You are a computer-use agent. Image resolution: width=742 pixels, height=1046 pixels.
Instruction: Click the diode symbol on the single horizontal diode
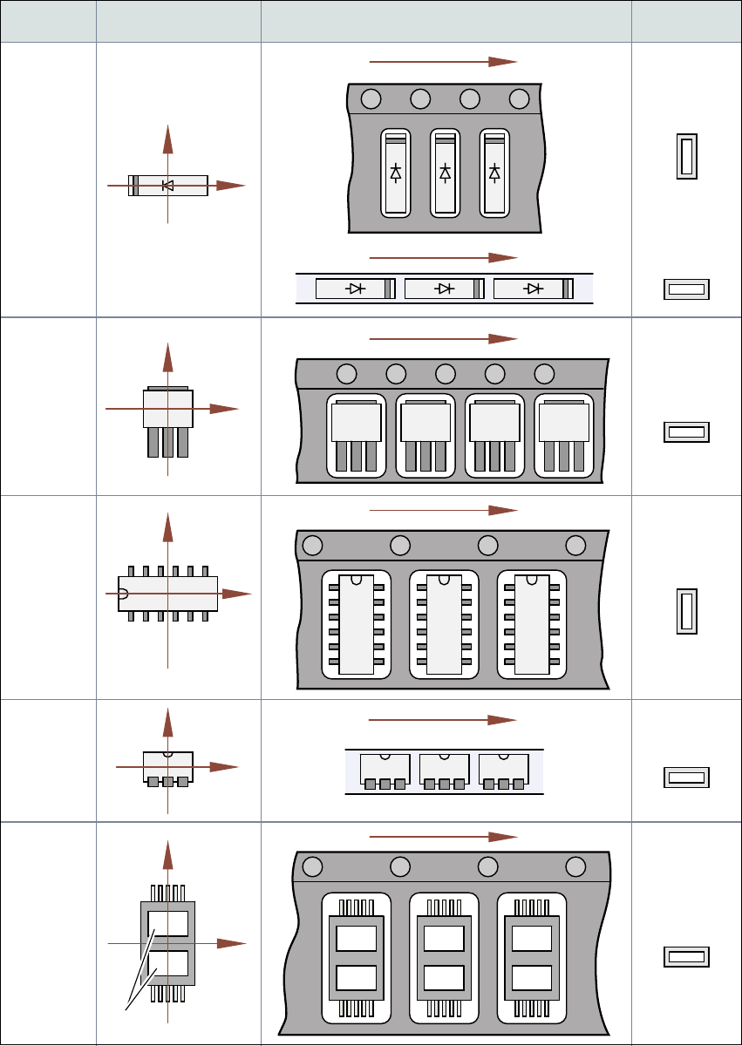point(168,186)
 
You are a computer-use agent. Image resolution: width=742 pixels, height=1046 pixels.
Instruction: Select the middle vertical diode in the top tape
point(446,173)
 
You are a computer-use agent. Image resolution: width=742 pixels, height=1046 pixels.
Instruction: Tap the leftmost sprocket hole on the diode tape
point(371,98)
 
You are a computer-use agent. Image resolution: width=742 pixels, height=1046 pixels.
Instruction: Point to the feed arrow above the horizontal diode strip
point(444,258)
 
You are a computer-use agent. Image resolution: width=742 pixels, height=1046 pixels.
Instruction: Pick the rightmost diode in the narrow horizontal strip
point(533,289)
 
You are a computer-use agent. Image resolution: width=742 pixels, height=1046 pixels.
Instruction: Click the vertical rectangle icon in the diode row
point(687,158)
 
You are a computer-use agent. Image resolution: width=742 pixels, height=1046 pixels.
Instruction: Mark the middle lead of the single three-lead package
point(167,442)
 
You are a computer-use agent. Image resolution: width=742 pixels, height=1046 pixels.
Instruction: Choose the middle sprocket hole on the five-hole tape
point(446,374)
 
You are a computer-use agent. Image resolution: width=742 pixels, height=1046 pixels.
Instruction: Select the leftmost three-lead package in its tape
point(356,435)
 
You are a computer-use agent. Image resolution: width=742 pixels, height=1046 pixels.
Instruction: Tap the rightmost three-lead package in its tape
point(564,435)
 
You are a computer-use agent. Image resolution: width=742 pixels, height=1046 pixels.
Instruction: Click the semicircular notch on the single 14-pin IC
point(122,594)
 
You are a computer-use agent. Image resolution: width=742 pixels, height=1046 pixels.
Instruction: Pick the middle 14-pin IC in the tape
point(444,623)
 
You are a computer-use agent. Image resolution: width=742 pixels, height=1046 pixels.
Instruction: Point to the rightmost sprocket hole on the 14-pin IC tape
point(575,546)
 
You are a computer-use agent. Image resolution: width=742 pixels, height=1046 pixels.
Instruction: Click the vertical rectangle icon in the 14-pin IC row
point(687,610)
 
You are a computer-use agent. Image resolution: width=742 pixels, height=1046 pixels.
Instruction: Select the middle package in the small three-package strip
point(444,771)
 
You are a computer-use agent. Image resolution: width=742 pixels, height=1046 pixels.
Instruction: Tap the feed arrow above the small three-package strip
point(444,720)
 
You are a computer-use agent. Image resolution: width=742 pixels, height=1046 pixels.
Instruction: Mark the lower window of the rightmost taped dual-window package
point(532,979)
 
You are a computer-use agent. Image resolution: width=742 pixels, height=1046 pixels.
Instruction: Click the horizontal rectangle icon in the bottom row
point(687,957)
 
